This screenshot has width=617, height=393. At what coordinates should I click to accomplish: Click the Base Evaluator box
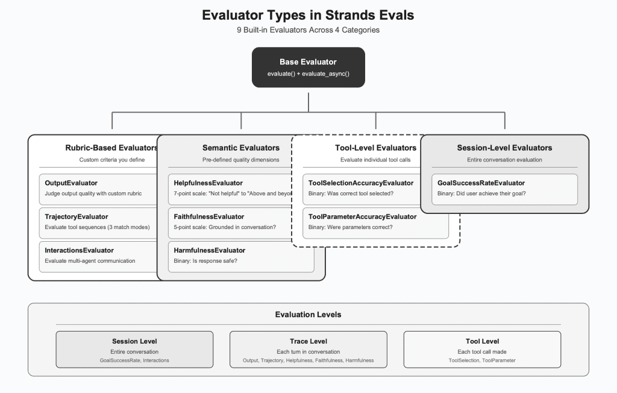(308, 68)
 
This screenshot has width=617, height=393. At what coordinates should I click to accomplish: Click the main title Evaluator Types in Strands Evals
(308, 15)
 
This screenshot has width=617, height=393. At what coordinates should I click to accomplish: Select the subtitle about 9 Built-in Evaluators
(308, 30)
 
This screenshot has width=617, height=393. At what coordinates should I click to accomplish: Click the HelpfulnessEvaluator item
(229, 188)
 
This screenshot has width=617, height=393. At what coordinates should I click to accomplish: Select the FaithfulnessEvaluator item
(229, 222)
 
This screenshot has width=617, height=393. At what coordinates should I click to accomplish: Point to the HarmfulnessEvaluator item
(240, 256)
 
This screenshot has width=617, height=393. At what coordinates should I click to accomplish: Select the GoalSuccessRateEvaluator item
(504, 188)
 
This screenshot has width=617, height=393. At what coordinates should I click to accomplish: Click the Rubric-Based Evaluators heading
(111, 148)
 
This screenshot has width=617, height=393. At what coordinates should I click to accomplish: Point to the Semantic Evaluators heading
(240, 148)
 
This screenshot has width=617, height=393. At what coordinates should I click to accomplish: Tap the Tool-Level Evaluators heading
(375, 148)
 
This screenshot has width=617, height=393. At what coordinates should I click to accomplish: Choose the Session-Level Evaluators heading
(504, 148)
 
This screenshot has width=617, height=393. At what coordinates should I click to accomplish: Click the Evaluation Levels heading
(308, 315)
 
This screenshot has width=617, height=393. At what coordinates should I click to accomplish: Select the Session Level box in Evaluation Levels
(134, 349)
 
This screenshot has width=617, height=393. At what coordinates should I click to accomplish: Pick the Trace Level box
(308, 349)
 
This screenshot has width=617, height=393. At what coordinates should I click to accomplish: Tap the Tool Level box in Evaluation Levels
(482, 349)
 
